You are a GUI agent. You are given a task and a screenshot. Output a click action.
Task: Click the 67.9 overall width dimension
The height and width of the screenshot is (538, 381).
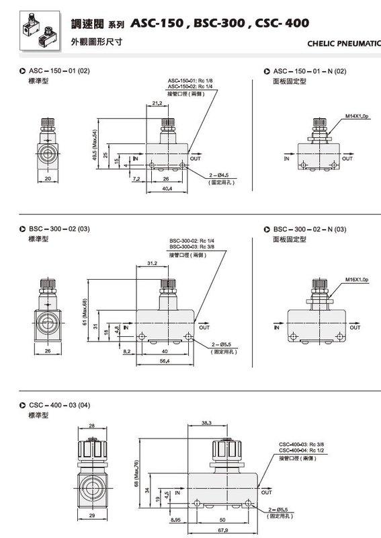[221, 529]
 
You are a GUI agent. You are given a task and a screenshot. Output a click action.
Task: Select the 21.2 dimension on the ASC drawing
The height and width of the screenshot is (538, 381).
[157, 103]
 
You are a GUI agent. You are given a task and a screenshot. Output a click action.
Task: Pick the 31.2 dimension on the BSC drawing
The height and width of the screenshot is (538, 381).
[152, 264]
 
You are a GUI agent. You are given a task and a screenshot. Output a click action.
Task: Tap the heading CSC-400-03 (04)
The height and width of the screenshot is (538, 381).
[60, 406]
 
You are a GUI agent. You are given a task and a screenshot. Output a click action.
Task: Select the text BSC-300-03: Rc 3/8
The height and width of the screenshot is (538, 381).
[194, 247]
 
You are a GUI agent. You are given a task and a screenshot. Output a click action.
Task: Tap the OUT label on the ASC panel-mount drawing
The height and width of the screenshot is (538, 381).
[347, 159]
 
